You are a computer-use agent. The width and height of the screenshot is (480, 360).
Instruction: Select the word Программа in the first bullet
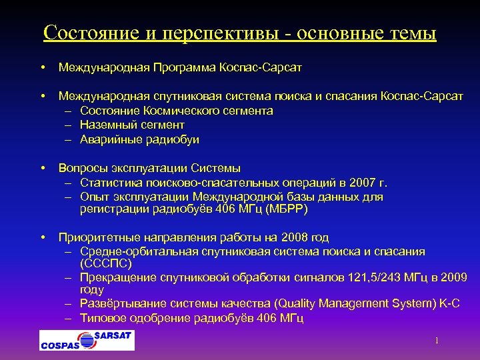tap(181, 67)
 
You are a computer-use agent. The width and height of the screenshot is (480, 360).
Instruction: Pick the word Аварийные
tap(109, 140)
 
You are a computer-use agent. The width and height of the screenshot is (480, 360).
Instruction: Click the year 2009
tap(453, 277)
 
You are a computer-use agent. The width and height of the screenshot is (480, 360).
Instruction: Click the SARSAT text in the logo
tap(113, 336)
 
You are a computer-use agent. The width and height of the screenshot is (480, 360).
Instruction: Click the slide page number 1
tap(437, 341)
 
